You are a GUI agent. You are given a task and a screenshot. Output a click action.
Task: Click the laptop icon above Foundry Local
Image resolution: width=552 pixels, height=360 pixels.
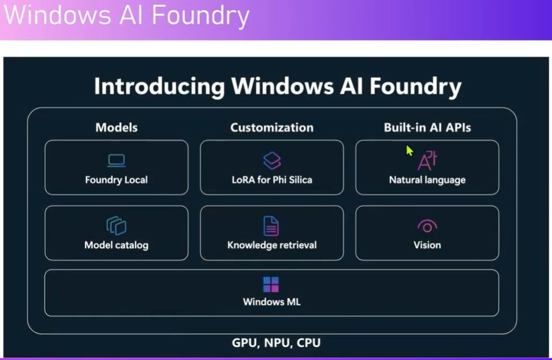pyautogui.click(x=116, y=161)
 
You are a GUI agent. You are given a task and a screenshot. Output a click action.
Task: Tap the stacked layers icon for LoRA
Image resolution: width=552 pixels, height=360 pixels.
pyautogui.click(x=272, y=161)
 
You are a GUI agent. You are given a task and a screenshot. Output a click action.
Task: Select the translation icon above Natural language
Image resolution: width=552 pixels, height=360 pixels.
pyautogui.click(x=427, y=161)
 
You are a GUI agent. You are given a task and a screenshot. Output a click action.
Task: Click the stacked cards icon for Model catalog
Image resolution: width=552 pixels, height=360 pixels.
pyautogui.click(x=116, y=225)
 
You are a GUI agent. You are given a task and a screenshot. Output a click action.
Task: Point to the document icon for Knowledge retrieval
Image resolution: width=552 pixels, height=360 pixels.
pyautogui.click(x=271, y=225)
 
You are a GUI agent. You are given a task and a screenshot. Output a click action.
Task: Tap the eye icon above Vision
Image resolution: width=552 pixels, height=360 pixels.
pyautogui.click(x=427, y=226)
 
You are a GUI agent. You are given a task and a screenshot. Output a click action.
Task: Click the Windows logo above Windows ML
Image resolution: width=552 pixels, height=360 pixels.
pyautogui.click(x=271, y=284)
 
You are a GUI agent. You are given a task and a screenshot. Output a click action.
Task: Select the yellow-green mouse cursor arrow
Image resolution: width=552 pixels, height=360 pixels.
pyautogui.click(x=409, y=151)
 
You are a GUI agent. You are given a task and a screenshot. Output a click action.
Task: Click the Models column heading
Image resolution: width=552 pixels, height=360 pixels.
pyautogui.click(x=117, y=127)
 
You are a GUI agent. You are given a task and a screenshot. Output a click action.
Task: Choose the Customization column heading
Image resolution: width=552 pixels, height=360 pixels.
pyautogui.click(x=271, y=127)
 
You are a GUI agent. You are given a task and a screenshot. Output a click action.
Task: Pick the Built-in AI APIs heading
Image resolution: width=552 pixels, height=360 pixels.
pyautogui.click(x=427, y=127)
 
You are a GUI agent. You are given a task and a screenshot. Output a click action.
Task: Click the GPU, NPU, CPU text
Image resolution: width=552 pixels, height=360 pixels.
pyautogui.click(x=276, y=342)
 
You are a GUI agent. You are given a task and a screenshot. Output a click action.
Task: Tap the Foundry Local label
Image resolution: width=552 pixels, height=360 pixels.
pyautogui.click(x=116, y=180)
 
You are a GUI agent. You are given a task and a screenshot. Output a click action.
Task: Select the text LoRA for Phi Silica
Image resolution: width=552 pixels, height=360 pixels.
pyautogui.click(x=272, y=180)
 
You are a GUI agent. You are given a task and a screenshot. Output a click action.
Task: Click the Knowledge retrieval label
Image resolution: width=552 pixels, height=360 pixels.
pyautogui.click(x=271, y=245)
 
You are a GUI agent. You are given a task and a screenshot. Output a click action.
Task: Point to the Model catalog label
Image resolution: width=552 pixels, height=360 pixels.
pyautogui.click(x=116, y=245)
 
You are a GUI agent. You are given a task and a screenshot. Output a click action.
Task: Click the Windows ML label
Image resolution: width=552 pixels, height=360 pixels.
pyautogui.click(x=271, y=302)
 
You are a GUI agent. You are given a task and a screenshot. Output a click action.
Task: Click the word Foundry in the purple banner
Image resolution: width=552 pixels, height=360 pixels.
pyautogui.click(x=204, y=16)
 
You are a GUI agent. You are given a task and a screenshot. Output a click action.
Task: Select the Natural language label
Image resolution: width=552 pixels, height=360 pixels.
pyautogui.click(x=427, y=180)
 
